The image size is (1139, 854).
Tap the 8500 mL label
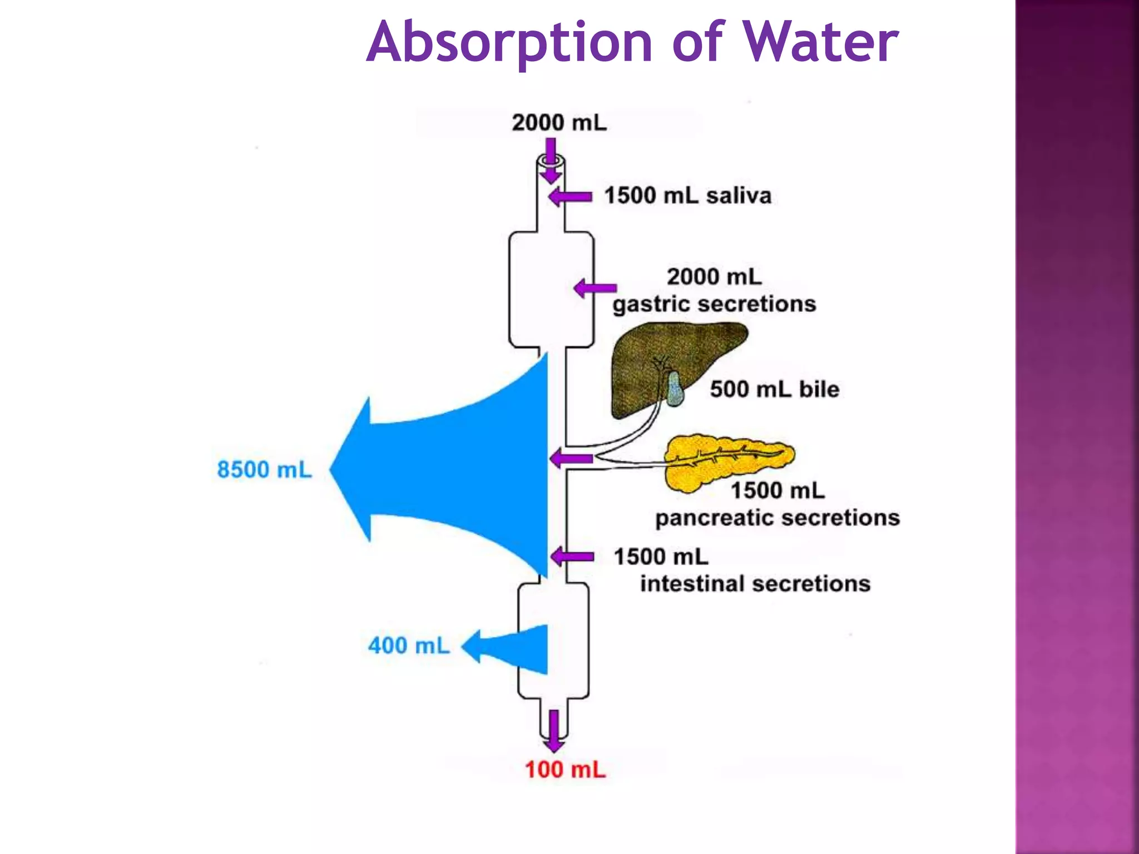[x=264, y=470]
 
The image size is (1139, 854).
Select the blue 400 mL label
[x=409, y=646]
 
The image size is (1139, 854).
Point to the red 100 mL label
[x=565, y=770]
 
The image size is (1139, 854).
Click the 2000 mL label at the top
[x=559, y=123]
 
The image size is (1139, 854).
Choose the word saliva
[x=739, y=196]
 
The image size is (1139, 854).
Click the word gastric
[x=651, y=305]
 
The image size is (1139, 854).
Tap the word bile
[x=819, y=389]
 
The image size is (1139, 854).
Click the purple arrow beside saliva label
[x=570, y=197]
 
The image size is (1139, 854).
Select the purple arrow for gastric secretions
[x=595, y=288]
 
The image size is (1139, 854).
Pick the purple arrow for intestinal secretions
[x=572, y=557]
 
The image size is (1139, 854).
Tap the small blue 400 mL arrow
[x=512, y=647]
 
